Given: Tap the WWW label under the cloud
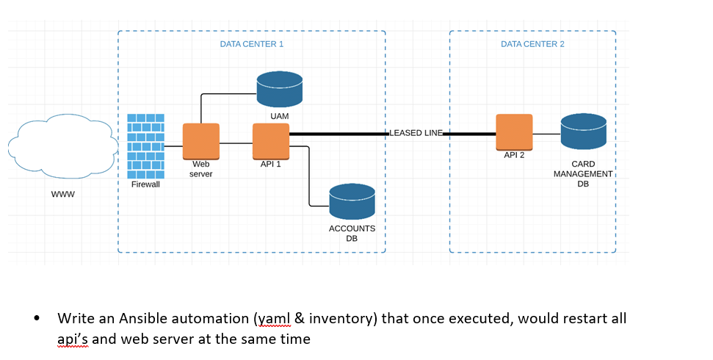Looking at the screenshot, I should [62, 195].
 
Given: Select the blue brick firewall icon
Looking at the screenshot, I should [145, 146].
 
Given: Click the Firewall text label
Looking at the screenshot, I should [145, 184].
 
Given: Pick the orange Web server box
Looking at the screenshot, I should [200, 142].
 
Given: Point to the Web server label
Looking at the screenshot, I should [200, 169].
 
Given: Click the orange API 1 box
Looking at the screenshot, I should [271, 141].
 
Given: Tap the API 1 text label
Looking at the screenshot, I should [271, 164].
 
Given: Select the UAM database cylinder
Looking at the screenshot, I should [279, 90].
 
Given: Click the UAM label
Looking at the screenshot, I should [279, 117].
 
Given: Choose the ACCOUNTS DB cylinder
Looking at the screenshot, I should [352, 201].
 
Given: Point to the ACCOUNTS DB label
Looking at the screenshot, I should [352, 233].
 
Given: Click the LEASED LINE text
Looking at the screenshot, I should [416, 133].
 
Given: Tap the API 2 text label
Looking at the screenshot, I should [514, 155].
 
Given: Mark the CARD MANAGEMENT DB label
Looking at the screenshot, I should [583, 174].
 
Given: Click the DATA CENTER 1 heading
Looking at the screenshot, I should [251, 44].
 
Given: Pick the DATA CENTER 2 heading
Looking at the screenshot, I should [532, 44].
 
